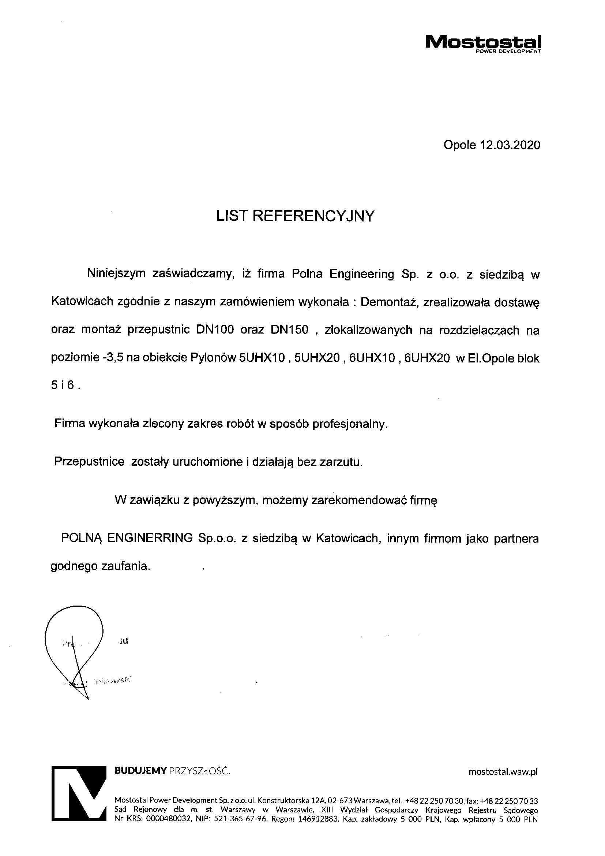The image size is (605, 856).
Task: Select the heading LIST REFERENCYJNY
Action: pos(295,216)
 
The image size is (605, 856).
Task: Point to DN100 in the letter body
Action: pos(214,330)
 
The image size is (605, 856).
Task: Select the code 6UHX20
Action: pos(427,358)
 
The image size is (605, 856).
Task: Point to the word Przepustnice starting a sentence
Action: pos(89,462)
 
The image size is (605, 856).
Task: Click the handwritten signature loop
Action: pos(75,637)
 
